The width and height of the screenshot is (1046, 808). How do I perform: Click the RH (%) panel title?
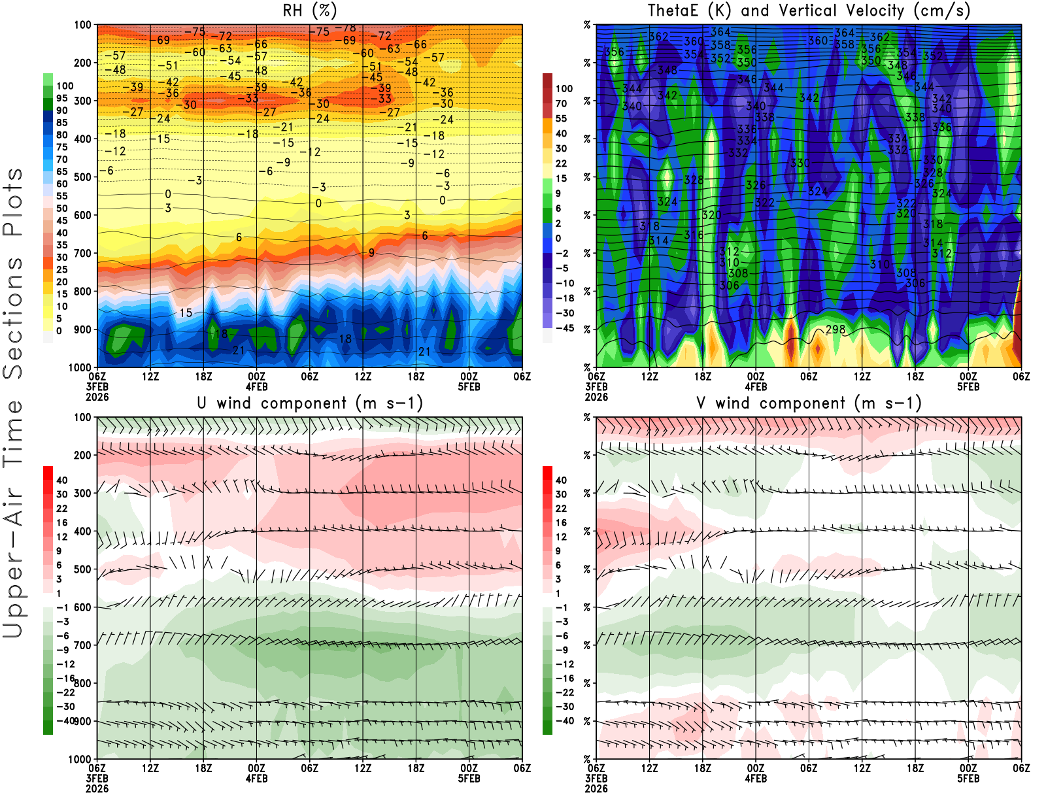(309, 10)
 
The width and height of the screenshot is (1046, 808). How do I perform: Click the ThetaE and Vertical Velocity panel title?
(809, 10)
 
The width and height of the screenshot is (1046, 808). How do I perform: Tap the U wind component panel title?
(309, 403)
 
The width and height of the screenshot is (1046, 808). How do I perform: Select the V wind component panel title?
(809, 403)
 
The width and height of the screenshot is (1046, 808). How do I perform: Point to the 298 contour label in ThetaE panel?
(835, 329)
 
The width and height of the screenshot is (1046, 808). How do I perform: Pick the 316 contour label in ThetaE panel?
(694, 235)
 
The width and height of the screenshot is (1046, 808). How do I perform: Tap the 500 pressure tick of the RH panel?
(83, 177)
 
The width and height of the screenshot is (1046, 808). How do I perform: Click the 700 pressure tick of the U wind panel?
(83, 645)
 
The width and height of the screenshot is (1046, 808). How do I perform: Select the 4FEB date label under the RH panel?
(256, 386)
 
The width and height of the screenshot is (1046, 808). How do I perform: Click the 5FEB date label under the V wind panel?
(968, 779)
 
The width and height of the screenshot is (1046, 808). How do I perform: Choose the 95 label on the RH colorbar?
(61, 98)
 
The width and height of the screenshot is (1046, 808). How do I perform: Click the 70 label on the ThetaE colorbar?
(561, 103)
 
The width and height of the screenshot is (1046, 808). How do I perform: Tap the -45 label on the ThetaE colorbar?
(564, 328)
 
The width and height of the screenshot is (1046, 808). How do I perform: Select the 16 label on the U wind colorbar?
(61, 522)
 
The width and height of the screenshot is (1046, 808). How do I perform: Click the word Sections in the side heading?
(13, 318)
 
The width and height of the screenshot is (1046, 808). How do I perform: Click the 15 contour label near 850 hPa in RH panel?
(186, 312)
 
